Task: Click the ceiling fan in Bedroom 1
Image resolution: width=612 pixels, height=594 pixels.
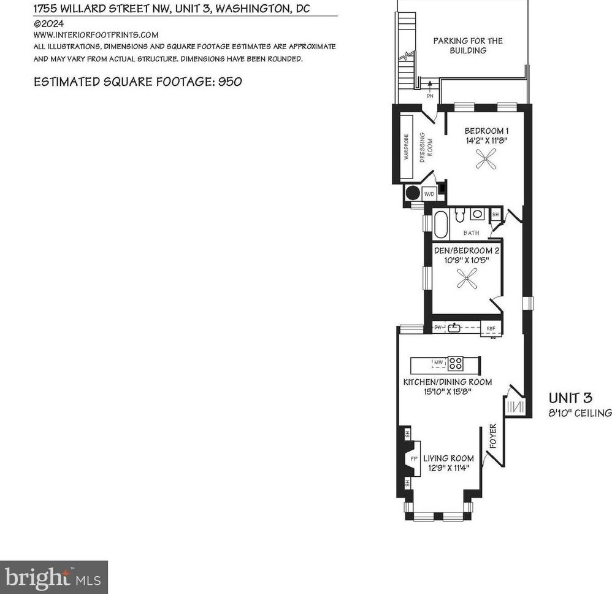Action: (x=486, y=158)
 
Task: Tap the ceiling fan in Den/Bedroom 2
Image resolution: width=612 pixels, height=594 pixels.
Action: (x=467, y=279)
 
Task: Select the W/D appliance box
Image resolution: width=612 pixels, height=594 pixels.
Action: (x=429, y=194)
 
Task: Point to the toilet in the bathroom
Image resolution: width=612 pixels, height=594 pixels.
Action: (x=460, y=215)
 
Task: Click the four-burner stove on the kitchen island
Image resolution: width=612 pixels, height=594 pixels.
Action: (x=456, y=364)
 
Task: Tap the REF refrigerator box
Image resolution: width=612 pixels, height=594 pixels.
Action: (x=491, y=328)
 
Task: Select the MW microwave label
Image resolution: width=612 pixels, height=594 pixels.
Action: (x=438, y=363)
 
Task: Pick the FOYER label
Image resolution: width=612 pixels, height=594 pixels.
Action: (x=493, y=436)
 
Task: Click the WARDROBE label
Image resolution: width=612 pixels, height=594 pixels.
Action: (x=407, y=147)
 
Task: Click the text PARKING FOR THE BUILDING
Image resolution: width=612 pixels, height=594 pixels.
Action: (x=468, y=45)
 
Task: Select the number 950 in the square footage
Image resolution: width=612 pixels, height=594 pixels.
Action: (x=230, y=82)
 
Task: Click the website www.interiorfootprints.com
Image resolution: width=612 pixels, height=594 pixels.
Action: (x=96, y=35)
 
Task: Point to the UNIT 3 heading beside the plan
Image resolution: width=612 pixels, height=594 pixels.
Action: (x=570, y=398)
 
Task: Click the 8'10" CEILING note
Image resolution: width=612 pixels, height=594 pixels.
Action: (x=580, y=413)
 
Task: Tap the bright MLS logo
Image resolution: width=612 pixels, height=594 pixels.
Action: (x=53, y=577)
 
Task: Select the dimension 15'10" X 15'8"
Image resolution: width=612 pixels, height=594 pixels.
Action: (x=448, y=391)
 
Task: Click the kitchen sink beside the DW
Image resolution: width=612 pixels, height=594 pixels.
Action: (x=454, y=328)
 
